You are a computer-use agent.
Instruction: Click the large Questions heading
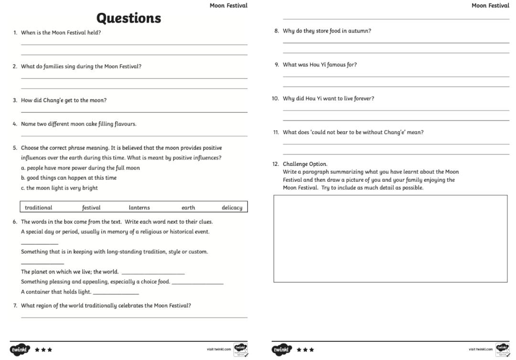pos(129,18)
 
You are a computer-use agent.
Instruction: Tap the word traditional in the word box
pos(38,207)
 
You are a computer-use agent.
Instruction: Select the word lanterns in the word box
pos(139,207)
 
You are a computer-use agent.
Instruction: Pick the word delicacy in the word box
pos(232,207)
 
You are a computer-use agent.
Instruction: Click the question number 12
pos(276,164)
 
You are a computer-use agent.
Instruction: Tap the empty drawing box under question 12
pos(390,239)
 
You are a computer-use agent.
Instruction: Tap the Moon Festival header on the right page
pos(490,6)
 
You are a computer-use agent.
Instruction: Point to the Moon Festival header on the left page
pos(228,6)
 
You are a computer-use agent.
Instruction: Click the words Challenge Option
pos(305,164)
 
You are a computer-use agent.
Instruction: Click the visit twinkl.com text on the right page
pos(480,349)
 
